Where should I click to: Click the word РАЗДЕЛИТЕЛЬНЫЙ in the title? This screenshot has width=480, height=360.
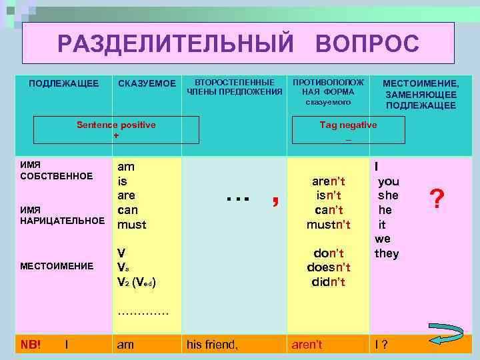(x=175, y=44)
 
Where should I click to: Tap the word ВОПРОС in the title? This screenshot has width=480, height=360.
(x=367, y=44)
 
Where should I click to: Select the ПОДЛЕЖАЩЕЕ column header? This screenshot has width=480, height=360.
(x=64, y=83)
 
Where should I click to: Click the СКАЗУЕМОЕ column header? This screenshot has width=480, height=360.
(x=147, y=83)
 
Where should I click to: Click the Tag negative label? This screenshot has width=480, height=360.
(x=348, y=125)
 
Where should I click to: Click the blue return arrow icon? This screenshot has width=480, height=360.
(x=434, y=340)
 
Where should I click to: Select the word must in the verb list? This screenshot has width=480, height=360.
(x=131, y=225)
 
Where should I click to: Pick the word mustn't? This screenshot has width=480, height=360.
(x=329, y=225)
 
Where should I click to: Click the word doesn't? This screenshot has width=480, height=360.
(x=328, y=267)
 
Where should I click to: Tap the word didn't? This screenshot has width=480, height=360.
(x=328, y=281)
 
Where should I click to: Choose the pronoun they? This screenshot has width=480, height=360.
(x=387, y=253)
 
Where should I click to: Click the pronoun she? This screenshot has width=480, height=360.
(x=387, y=196)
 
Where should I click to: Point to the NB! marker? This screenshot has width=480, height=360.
(x=30, y=345)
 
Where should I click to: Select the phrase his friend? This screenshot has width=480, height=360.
(x=212, y=345)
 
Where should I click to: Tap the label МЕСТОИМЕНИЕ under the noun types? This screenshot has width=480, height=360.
(x=57, y=266)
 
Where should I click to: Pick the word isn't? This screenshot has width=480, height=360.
(x=329, y=195)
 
